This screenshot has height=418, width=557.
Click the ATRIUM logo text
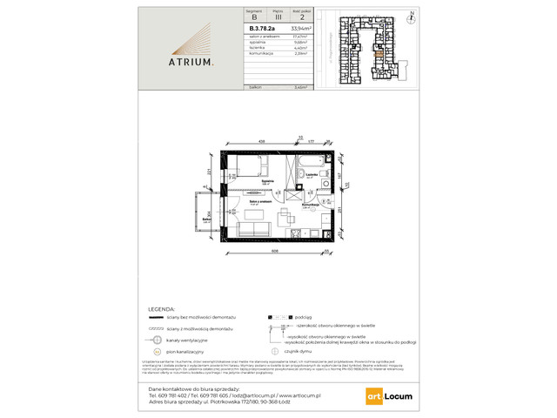click(190, 63)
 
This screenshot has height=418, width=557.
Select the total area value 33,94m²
click(301, 29)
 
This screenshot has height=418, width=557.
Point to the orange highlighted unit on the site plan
click(378, 55)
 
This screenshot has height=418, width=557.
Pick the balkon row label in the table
click(255, 88)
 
